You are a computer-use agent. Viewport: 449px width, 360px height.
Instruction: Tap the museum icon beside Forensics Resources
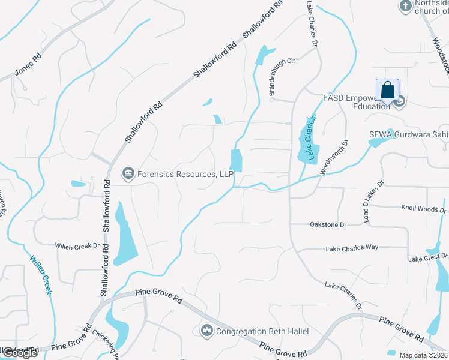coord(127,174)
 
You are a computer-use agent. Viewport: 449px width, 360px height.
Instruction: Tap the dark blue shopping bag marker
coord(388,91)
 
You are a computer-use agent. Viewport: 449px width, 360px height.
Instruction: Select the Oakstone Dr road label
coord(328,224)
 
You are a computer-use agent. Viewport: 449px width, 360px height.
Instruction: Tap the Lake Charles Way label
coord(352,247)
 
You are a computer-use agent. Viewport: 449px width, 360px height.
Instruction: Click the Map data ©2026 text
coord(424,355)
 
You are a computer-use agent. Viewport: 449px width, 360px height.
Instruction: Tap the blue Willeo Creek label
coord(40,274)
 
